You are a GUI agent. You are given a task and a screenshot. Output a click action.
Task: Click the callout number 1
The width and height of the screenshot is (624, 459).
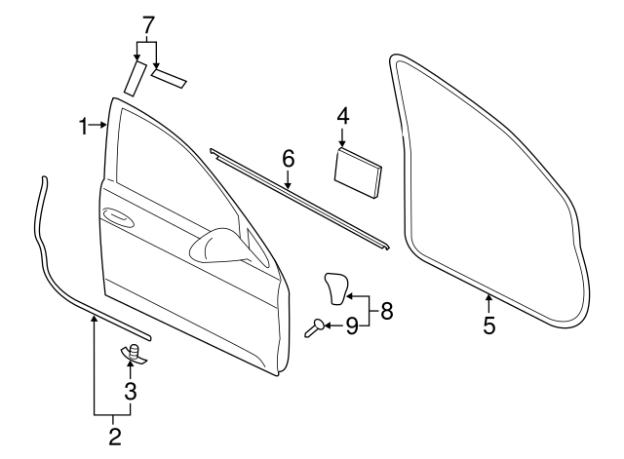click(84, 125)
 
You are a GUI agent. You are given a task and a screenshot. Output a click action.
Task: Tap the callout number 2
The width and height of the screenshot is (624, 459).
click(115, 437)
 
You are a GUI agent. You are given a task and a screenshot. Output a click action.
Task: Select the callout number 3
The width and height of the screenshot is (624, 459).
click(130, 392)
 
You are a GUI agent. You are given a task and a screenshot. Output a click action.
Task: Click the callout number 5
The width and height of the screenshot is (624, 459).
click(488, 326)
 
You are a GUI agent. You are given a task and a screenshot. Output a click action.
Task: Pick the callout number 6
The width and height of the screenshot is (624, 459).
click(288, 157)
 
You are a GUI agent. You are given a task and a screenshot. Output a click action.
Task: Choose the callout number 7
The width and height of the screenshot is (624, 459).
click(148, 22)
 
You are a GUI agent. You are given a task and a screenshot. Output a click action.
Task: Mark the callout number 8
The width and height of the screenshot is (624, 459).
click(387, 311)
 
